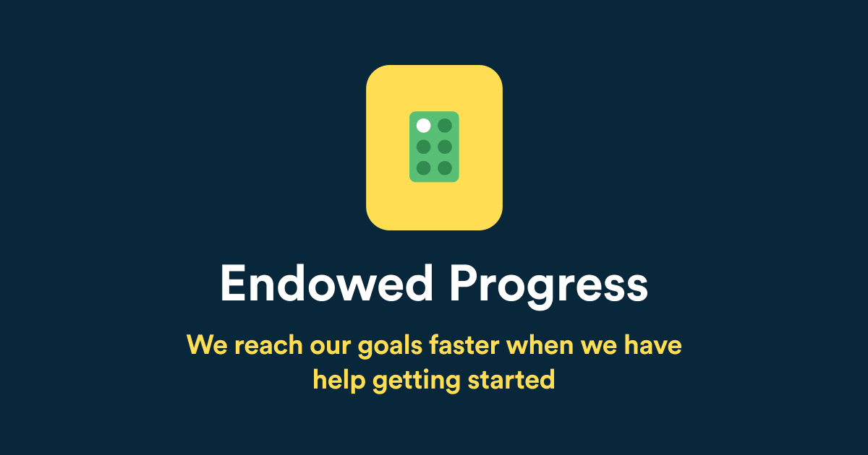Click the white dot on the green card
click(424, 126)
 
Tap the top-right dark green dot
click(445, 126)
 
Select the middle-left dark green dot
click(424, 147)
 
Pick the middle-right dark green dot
click(445, 147)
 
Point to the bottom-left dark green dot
click(424, 168)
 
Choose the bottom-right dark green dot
click(445, 168)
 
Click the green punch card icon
click(434, 147)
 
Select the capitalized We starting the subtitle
click(204, 345)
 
